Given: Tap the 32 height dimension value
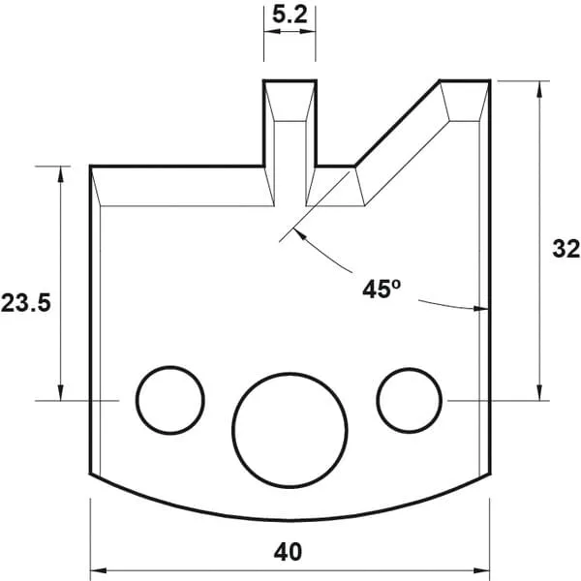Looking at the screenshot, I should tap(566, 248).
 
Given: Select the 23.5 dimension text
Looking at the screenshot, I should tap(24, 301).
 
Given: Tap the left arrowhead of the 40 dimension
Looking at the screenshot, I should tap(97, 568).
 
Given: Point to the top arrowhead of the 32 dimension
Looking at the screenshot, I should tap(538, 87).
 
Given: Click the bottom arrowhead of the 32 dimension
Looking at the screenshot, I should tap(538, 393).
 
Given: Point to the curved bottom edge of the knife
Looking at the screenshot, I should tap(290, 513).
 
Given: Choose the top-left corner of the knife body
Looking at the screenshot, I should tap(91, 167).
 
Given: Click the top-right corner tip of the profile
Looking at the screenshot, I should tap(490, 81).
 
